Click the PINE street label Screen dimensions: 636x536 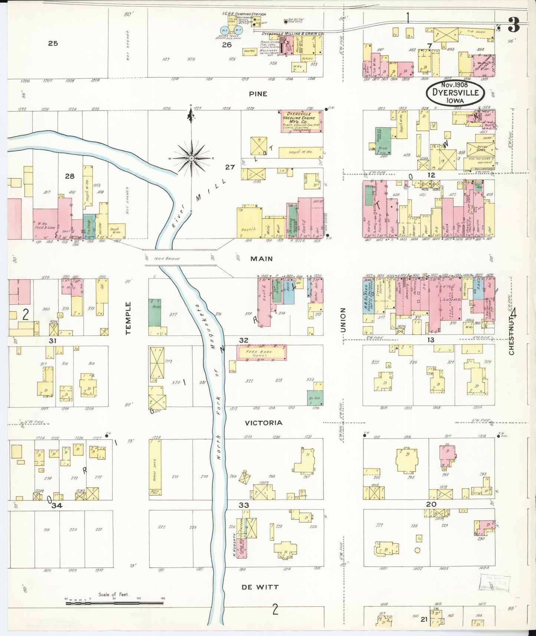258,94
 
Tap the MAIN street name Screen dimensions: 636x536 262,259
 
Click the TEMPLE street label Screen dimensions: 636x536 128,318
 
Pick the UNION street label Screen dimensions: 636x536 343,320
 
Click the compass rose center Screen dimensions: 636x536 191,158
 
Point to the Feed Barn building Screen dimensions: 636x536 262,353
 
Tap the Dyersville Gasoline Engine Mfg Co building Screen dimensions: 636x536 301,121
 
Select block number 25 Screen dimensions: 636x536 53,43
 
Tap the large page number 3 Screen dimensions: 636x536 513,25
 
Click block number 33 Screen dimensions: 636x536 244,505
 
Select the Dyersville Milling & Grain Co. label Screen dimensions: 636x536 293,34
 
